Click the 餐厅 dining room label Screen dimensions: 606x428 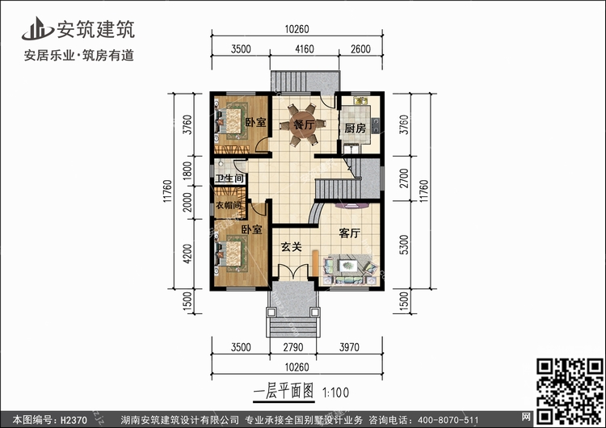click(x=304, y=125)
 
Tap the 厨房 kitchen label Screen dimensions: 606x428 click(x=355, y=128)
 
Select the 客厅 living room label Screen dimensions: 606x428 click(x=350, y=233)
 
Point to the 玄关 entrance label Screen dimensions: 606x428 click(x=291, y=247)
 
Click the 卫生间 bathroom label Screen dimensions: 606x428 click(x=230, y=178)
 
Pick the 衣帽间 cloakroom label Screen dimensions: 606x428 click(x=229, y=205)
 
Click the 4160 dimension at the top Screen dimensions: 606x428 click(x=305, y=49)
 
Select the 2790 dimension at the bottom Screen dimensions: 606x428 click(x=293, y=347)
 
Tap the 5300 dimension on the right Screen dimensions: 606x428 click(x=404, y=245)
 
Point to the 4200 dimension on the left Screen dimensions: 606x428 click(x=187, y=254)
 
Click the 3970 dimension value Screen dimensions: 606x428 click(x=349, y=347)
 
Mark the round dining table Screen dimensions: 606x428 click(x=303, y=125)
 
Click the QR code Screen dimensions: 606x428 click(x=570, y=391)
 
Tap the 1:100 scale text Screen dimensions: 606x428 click(x=335, y=392)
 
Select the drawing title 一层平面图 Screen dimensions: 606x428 click(x=284, y=392)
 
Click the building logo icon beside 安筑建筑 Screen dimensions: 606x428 click(x=37, y=28)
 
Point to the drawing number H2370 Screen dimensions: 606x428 click(x=74, y=419)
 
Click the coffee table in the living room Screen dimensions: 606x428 click(x=348, y=266)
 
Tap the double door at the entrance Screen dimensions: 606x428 click(x=293, y=271)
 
